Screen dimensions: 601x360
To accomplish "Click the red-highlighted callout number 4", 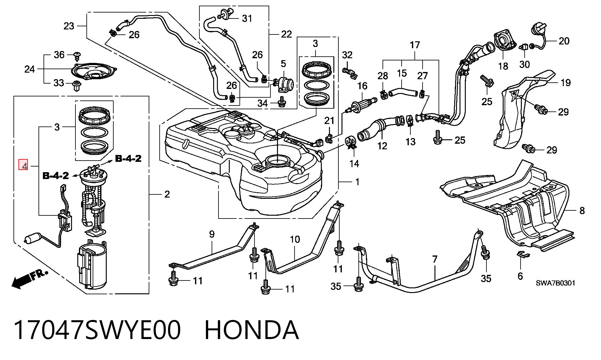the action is (x=24, y=165).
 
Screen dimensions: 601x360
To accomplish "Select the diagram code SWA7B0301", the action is (x=555, y=283).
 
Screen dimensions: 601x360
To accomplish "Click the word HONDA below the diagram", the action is (x=252, y=330).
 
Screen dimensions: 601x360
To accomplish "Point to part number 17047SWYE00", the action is (x=97, y=330).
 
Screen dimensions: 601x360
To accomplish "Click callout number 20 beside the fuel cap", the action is (x=564, y=41).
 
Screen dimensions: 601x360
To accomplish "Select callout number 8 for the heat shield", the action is (x=582, y=210).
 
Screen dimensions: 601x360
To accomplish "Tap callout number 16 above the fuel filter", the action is (x=362, y=86).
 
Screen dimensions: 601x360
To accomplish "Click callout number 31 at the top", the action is (x=247, y=19).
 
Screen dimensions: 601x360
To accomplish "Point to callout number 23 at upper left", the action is (x=69, y=26).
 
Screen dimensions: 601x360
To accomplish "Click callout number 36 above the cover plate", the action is (x=59, y=55).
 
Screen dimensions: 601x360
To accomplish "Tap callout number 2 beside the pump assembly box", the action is (x=167, y=194).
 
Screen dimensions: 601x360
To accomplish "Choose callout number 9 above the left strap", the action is (x=212, y=234).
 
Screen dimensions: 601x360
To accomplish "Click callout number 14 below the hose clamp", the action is (x=354, y=163).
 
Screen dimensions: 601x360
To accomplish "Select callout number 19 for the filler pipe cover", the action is (x=565, y=83).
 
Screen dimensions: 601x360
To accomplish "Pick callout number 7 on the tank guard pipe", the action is (x=434, y=260).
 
